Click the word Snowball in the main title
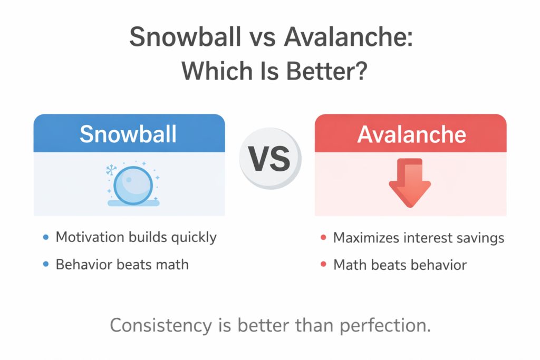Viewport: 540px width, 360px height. pos(185,37)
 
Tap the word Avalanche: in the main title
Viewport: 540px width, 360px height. pos(348,37)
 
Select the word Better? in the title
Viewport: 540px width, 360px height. pos(326,71)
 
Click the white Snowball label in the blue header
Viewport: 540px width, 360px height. pos(128,134)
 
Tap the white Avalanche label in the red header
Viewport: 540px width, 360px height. pos(411,134)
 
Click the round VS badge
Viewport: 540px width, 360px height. pos(271,158)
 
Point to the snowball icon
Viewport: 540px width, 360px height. pos(133,185)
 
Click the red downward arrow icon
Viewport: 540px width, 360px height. pos(410,183)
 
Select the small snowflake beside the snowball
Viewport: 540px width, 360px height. pos(111,170)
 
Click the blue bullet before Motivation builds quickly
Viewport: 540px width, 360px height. pos(46,237)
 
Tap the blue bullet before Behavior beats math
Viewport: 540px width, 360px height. pos(46,264)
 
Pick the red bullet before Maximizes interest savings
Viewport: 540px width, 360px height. pos(323,238)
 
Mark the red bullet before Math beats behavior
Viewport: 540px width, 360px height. pos(323,264)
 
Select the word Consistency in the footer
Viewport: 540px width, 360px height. pos(161,325)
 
